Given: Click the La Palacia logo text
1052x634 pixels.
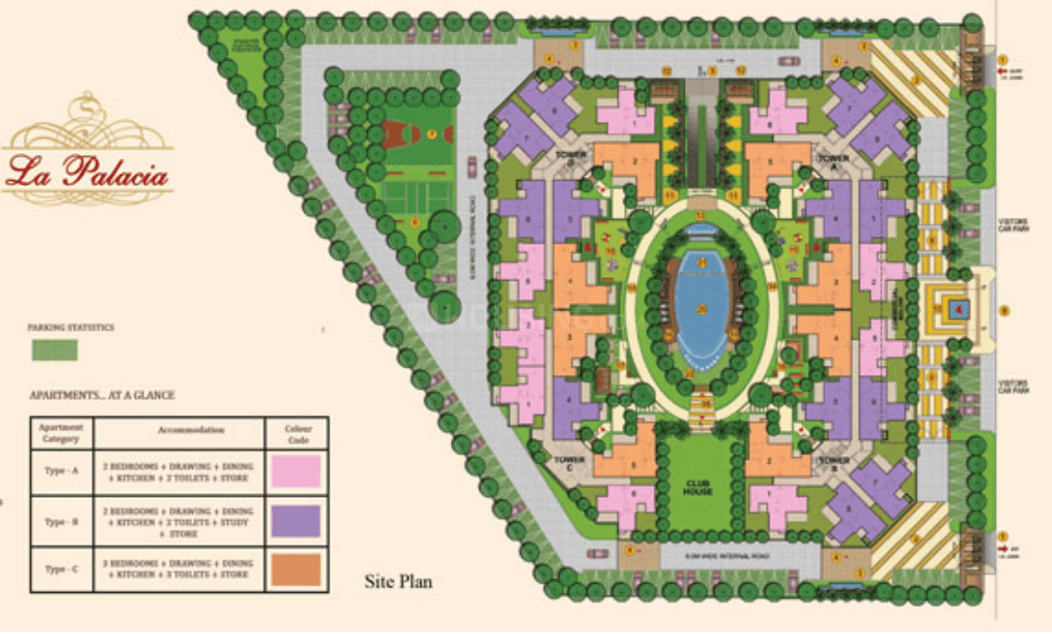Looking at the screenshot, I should coord(88,174).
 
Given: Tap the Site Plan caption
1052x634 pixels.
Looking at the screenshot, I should coord(399,581).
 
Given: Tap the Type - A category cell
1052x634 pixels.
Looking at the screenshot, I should coord(61,471).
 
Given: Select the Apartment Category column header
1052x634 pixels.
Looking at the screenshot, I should coord(61,433).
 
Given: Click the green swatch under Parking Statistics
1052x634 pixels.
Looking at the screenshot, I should coord(55,349).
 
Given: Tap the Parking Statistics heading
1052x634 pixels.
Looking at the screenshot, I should coord(70,327).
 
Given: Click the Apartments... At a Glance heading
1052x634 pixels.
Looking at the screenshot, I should coord(102,394).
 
